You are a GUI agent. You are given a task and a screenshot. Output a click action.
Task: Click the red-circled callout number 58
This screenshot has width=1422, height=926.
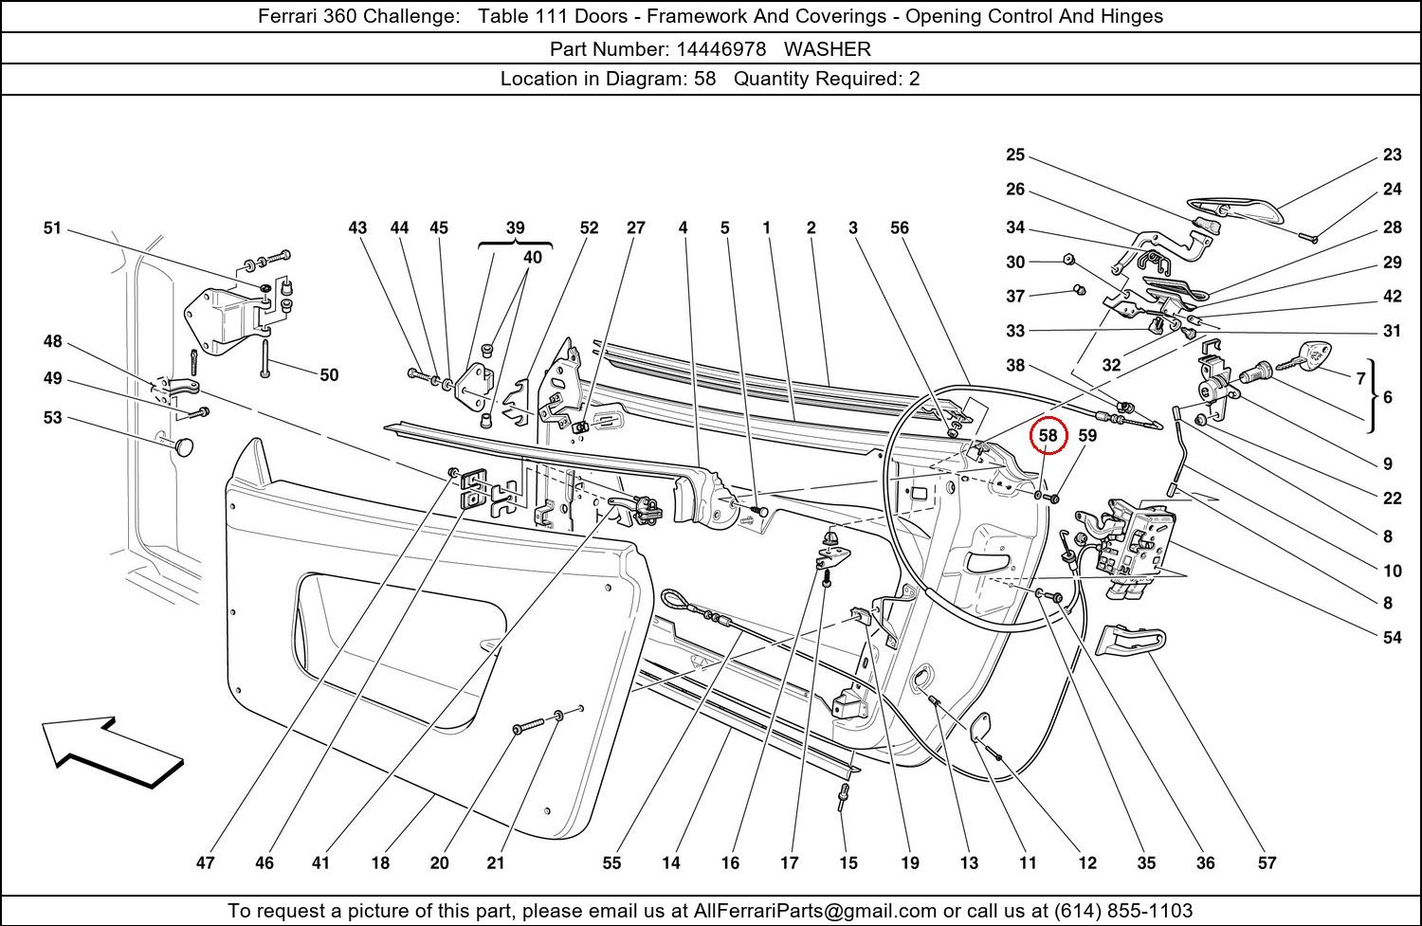tap(1048, 435)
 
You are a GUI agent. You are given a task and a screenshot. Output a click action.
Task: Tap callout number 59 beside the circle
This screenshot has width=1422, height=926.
tap(1087, 435)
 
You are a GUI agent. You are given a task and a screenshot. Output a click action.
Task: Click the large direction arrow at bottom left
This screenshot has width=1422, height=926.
tap(112, 752)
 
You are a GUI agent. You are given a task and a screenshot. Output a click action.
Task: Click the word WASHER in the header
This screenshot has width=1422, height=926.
tap(827, 48)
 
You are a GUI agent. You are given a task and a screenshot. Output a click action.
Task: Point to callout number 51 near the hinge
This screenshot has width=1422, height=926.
tap(52, 227)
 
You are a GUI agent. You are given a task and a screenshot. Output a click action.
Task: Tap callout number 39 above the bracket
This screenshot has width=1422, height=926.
tap(515, 227)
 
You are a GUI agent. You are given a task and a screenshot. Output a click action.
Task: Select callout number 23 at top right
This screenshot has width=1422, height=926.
tap(1392, 155)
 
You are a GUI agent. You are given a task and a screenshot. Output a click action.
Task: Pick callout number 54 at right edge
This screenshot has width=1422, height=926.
tap(1392, 637)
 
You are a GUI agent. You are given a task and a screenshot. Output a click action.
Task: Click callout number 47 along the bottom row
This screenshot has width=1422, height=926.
tap(206, 862)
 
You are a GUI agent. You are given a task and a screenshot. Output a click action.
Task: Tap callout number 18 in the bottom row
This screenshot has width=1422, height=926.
tap(380, 862)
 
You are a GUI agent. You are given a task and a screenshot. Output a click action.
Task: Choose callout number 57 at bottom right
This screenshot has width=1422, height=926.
tap(1267, 862)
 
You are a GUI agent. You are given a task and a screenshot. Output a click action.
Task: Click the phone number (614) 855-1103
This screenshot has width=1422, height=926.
tap(1122, 911)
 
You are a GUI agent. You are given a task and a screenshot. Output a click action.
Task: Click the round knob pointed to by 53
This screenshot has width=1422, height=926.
tap(184, 445)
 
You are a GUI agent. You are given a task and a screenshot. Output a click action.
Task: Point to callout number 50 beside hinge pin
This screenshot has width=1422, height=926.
tap(328, 374)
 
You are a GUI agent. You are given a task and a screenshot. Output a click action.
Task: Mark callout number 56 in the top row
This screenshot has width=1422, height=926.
tap(899, 227)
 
